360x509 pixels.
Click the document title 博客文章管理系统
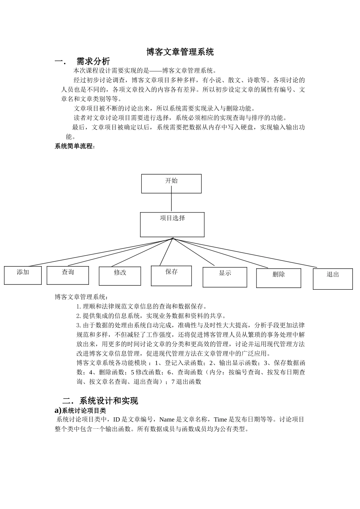(180, 52)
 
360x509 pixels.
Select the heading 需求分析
(93, 61)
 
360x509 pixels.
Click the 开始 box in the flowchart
(171, 184)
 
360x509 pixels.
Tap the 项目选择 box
(172, 225)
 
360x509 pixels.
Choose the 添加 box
(23, 275)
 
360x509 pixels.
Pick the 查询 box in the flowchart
(68, 275)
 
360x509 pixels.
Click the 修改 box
(120, 276)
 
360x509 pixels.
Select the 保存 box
(171, 276)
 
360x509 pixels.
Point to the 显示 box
(225, 277)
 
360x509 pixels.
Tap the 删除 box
(279, 278)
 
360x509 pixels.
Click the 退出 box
(333, 279)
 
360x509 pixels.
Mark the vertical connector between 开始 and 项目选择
(171, 203)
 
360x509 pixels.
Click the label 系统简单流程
(74, 146)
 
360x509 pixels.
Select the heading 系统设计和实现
(109, 401)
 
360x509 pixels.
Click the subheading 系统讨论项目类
(84, 411)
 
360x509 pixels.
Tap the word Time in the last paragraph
(220, 420)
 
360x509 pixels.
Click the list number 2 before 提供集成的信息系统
(78, 316)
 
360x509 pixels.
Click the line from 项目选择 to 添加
(99, 253)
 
